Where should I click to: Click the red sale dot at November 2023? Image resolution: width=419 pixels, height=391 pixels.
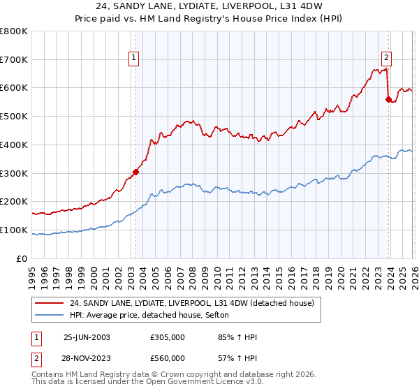[x=388, y=99]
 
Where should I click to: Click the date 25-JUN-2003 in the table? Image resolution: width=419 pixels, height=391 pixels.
[x=87, y=337]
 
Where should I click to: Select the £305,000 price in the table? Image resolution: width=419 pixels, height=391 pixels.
[x=167, y=337]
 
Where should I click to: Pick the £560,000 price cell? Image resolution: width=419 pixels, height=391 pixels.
[x=167, y=357]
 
